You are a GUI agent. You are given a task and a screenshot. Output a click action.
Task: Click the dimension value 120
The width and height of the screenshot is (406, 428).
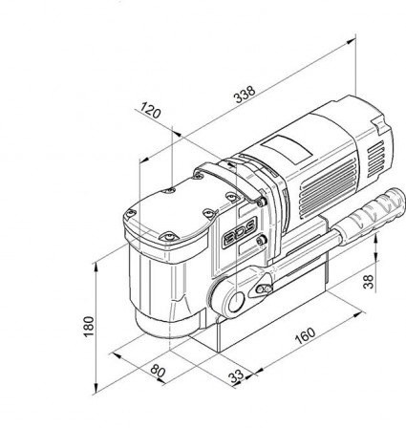coord(149,113)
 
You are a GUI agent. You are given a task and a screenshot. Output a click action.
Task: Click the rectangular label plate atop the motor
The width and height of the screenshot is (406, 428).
coord(286,148)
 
